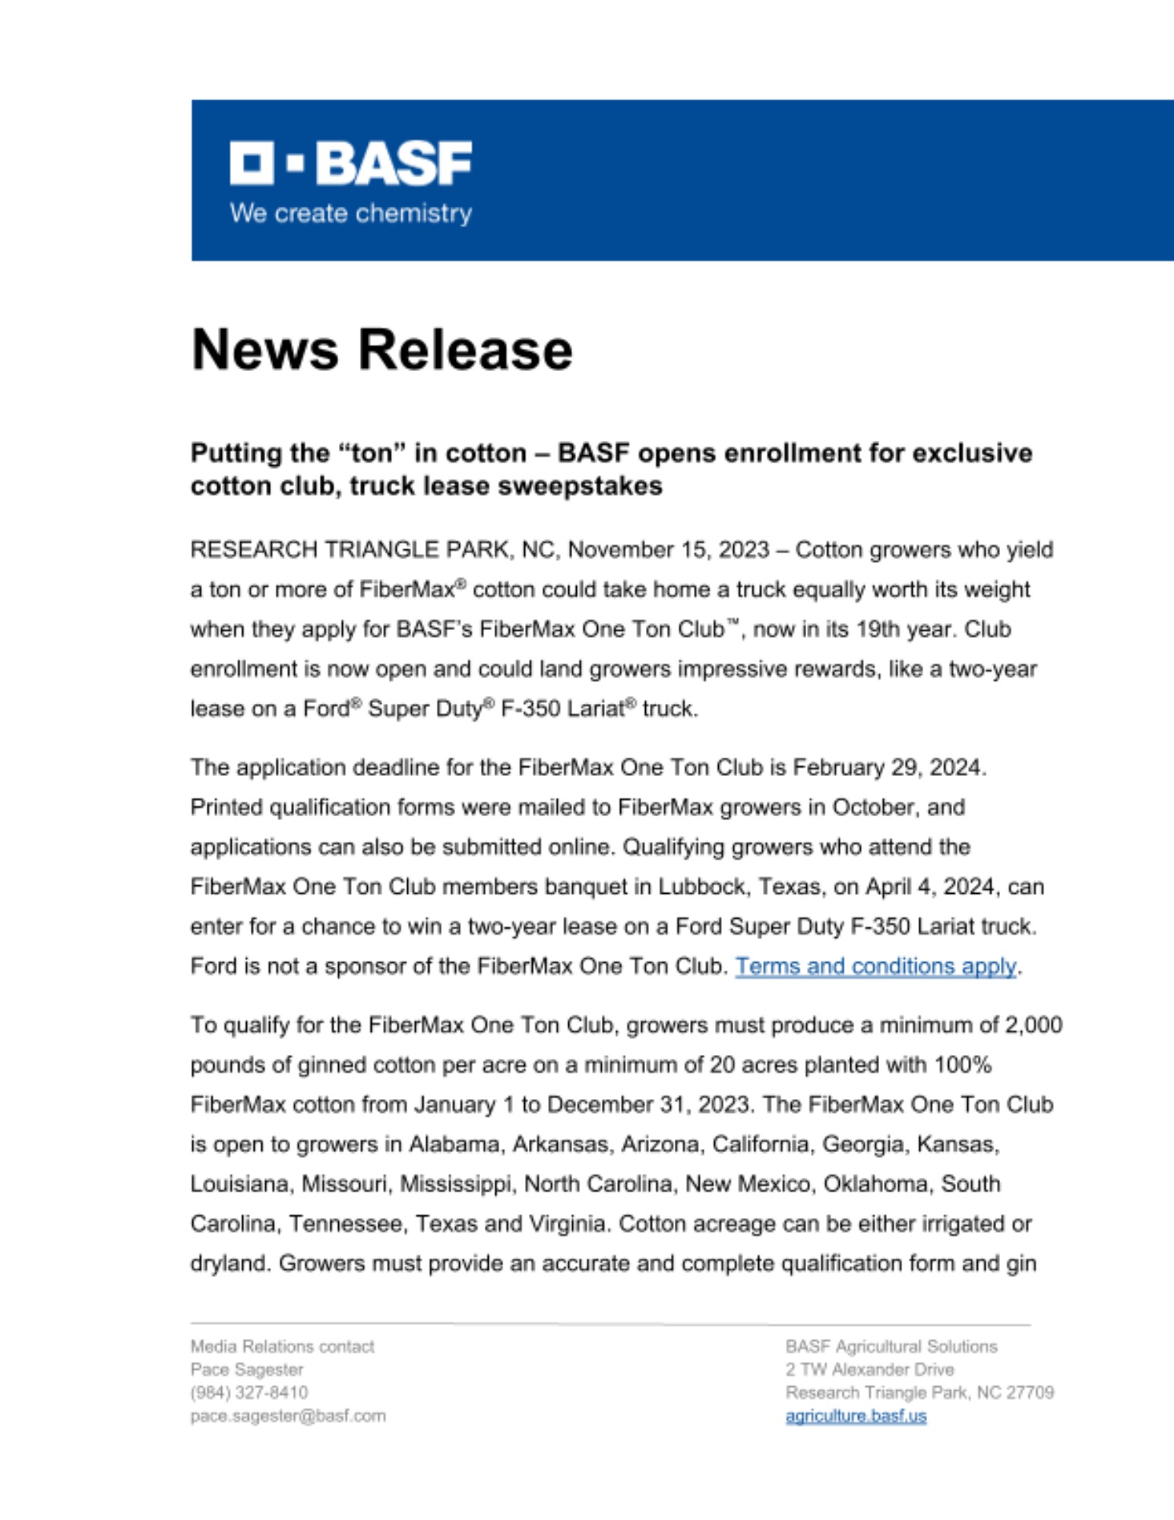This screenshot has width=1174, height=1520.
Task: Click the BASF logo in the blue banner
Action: tap(350, 163)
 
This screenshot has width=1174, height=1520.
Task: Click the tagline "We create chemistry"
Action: tap(350, 214)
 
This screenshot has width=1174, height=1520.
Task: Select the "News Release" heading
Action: tap(381, 350)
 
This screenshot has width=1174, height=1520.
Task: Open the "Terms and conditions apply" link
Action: tap(875, 966)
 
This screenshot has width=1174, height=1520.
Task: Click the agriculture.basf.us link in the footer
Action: tap(856, 1416)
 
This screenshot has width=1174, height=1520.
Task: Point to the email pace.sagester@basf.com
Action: tap(288, 1416)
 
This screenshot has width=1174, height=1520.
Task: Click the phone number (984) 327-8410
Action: tap(249, 1392)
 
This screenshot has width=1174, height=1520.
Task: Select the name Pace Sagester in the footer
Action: tap(247, 1370)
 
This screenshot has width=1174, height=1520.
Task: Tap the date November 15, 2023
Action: tap(669, 549)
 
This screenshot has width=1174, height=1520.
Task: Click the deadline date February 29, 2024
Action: tap(888, 768)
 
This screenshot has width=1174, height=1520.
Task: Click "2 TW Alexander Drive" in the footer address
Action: tap(869, 1370)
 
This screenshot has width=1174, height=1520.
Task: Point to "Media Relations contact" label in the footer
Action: tap(282, 1347)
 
